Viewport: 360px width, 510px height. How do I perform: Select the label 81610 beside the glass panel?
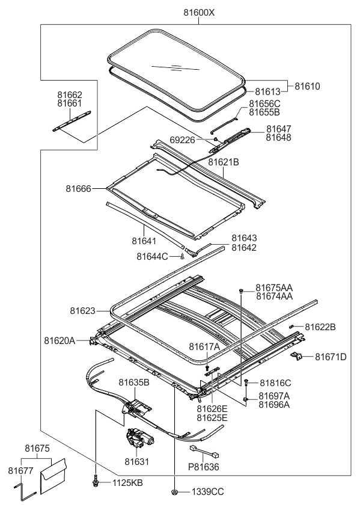[x=307, y=87]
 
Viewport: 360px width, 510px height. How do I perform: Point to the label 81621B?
[x=224, y=162]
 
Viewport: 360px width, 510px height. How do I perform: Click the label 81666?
[x=78, y=189]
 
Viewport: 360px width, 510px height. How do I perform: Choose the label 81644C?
[x=152, y=257]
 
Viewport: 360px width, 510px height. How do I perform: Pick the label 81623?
[x=82, y=311]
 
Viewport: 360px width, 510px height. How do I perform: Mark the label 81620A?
[x=59, y=340]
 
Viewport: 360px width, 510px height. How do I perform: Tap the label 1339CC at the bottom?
[x=208, y=492]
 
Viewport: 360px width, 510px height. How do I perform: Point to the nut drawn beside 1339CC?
[x=174, y=492]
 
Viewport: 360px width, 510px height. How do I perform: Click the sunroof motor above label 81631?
[x=139, y=444]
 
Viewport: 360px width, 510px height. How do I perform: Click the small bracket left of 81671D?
[x=296, y=357]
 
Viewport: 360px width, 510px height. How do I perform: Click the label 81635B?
[x=133, y=382]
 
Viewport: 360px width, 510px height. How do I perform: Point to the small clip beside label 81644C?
[x=182, y=257]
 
